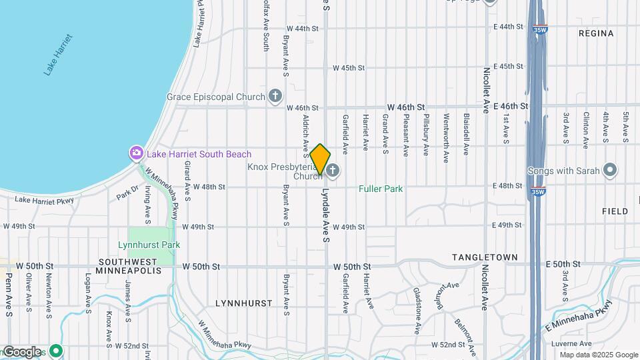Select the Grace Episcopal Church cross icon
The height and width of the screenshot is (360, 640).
tap(274, 97)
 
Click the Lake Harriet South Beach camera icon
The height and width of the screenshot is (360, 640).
tap(137, 154)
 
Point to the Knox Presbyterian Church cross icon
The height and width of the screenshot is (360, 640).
tap(333, 171)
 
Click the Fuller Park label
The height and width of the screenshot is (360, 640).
tap(381, 189)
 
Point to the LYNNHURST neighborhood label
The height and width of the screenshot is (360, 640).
tap(243, 303)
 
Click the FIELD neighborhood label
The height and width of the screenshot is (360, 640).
tap(615, 211)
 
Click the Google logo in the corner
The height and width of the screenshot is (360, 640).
tap(21, 351)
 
